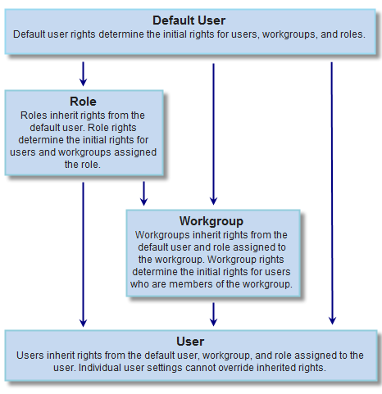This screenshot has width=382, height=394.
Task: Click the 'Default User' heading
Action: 189,20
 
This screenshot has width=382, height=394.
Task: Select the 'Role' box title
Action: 83,102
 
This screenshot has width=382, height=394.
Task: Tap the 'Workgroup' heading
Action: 211,221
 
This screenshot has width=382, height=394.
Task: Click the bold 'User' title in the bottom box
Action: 190,342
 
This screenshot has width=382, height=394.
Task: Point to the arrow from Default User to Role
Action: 83,74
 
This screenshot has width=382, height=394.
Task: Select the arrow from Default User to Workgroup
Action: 213,134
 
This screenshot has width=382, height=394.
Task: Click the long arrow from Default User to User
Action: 332,193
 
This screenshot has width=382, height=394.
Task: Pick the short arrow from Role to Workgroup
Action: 143,193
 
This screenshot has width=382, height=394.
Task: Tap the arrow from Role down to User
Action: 83,255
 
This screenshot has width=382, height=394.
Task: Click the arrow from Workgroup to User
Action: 213,315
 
